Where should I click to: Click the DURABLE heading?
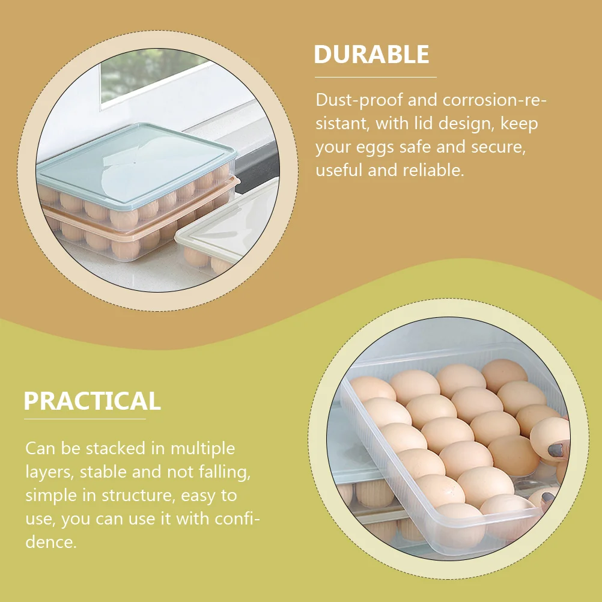371,54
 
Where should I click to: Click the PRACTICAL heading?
92,401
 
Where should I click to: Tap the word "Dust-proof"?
359,100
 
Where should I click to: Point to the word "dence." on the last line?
51,542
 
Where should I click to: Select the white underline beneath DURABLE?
375,77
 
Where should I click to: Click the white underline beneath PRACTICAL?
85,419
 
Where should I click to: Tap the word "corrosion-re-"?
494,100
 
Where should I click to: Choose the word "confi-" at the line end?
237,518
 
